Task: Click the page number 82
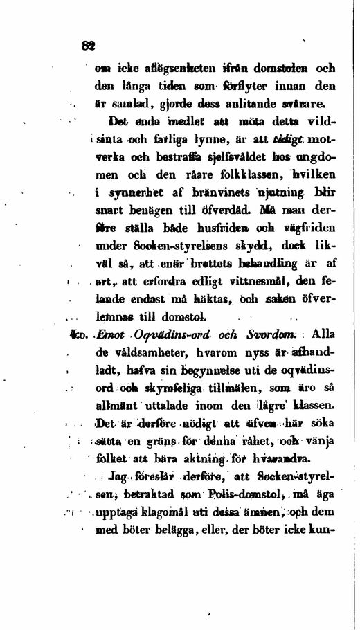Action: click(87, 46)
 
